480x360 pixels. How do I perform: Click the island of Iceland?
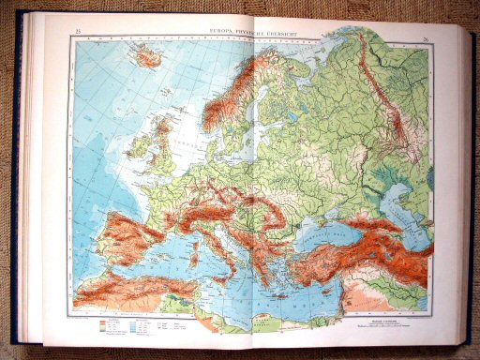147,57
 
